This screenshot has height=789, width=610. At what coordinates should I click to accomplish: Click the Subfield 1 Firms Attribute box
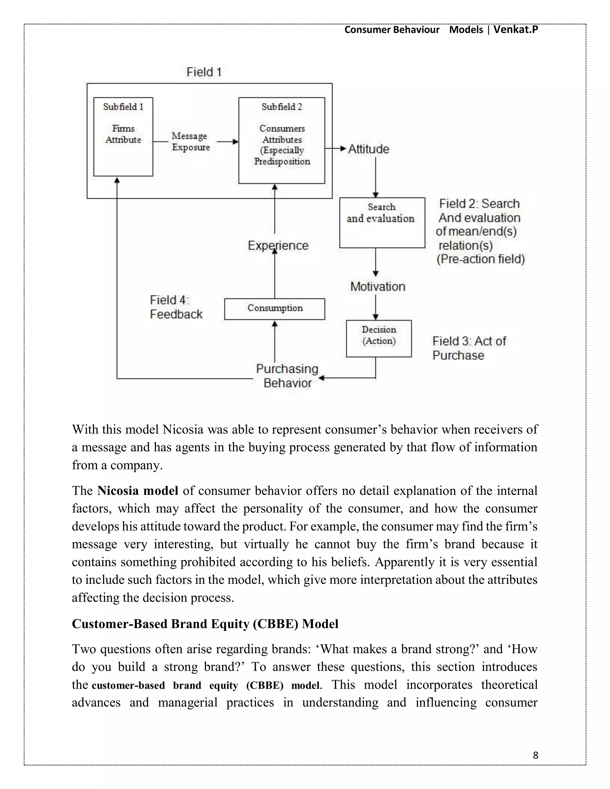click(x=123, y=137)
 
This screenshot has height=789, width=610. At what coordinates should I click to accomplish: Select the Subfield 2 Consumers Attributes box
click(x=281, y=140)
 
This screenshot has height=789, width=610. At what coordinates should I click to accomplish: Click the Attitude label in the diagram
click(x=368, y=149)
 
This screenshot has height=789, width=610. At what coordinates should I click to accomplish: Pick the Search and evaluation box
click(x=382, y=222)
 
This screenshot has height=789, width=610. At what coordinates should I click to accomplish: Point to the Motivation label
click(x=378, y=286)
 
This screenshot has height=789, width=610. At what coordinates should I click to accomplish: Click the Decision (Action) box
click(x=379, y=338)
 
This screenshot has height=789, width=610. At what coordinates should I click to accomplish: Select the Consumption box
click(x=275, y=309)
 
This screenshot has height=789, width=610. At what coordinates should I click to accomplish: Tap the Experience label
click(x=278, y=245)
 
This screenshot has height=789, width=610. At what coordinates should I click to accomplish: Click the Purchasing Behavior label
click(x=287, y=376)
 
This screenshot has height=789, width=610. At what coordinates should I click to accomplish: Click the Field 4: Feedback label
click(x=176, y=307)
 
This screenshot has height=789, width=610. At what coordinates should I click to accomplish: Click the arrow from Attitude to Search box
click(x=376, y=177)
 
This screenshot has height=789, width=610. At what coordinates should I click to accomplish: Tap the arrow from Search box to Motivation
click(x=376, y=262)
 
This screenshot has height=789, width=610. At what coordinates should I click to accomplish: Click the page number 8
click(x=535, y=755)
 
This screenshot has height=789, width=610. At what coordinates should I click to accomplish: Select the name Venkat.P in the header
click(x=515, y=29)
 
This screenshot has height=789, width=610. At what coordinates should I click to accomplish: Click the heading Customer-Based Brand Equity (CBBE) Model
click(x=205, y=624)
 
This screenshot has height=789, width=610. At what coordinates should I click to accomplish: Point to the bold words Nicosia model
click(x=138, y=491)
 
